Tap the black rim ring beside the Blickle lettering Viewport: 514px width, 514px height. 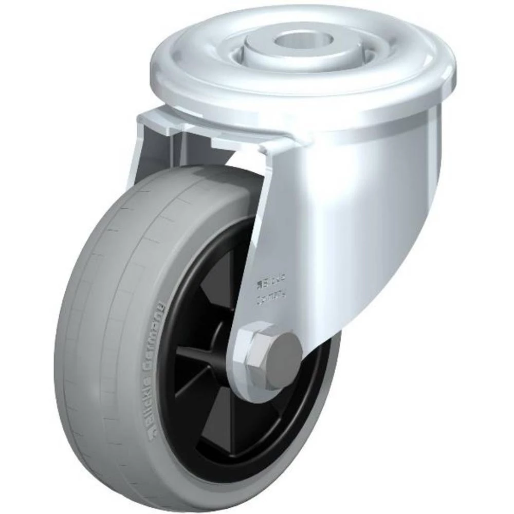click(170, 391)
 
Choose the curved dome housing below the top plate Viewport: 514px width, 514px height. click(360, 195)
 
